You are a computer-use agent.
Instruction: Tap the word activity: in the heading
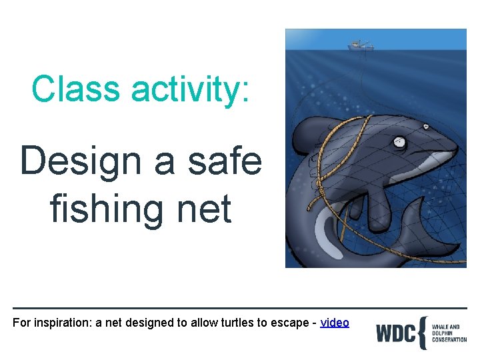(x=193, y=90)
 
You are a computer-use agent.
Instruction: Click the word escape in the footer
(x=285, y=323)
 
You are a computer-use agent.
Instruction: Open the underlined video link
(x=335, y=323)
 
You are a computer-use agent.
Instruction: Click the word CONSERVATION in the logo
(x=449, y=339)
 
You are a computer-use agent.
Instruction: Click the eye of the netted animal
(x=399, y=141)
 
